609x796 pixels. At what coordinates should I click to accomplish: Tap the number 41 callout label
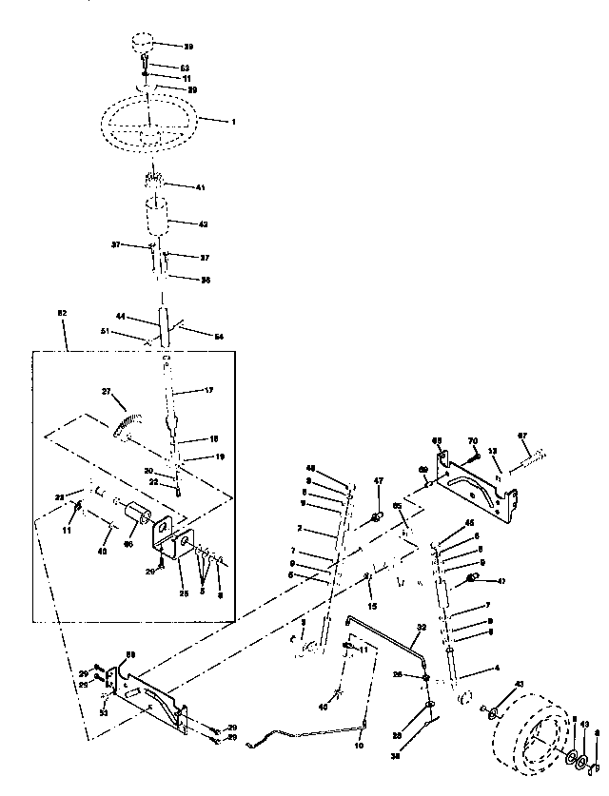[201, 187]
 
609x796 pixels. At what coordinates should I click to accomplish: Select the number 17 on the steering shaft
[210, 390]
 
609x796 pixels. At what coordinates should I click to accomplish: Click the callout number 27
[106, 391]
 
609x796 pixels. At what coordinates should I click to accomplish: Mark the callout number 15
[373, 606]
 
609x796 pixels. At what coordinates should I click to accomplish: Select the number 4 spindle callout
[496, 669]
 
